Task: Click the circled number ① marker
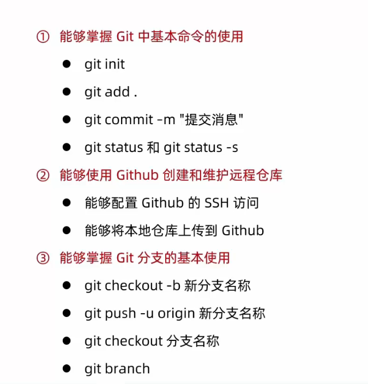pyautogui.click(x=43, y=36)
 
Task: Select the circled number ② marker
pyautogui.click(x=43, y=175)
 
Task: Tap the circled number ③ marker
pyautogui.click(x=43, y=258)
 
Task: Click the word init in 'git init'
pyautogui.click(x=114, y=64)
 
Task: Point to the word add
pyautogui.click(x=117, y=92)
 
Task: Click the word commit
pyautogui.click(x=129, y=120)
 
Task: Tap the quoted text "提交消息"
pyautogui.click(x=212, y=119)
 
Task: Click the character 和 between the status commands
pyautogui.click(x=153, y=148)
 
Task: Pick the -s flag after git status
pyautogui.click(x=232, y=148)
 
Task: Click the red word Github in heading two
pyautogui.click(x=137, y=175)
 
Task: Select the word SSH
pyautogui.click(x=216, y=203)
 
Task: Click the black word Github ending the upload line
pyautogui.click(x=243, y=230)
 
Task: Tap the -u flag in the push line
pyautogui.click(x=147, y=314)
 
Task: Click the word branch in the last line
pyautogui.click(x=127, y=369)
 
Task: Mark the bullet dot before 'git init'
pyautogui.click(x=67, y=64)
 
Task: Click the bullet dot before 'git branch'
pyautogui.click(x=67, y=368)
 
